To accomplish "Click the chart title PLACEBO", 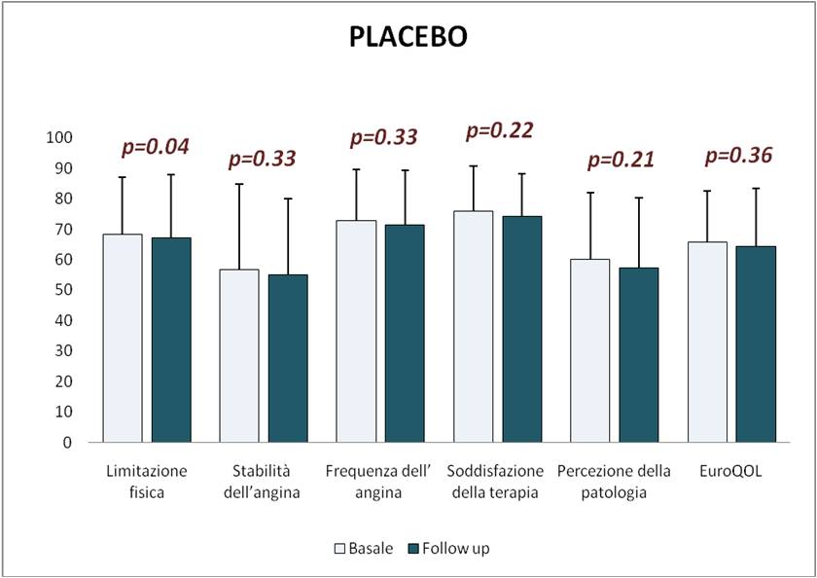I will pos(408,38).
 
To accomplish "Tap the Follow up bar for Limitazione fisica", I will pos(170,340).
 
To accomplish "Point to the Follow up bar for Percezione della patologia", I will pos(638,354).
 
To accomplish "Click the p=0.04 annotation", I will pos(155,147).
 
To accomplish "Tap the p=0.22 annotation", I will pos(500,130).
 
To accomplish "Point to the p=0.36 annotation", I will pos(738,155).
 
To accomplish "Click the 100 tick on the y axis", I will pos(59,138).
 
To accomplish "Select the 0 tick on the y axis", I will pos(67,442).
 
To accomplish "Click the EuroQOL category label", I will pos(731,472).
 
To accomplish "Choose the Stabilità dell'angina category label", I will pos(263,482).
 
